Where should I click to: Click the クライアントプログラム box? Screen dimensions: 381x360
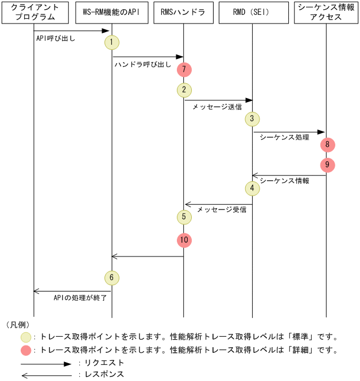pos(34,13)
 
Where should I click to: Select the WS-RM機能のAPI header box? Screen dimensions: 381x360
pos(111,13)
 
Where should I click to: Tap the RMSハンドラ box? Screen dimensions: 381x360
pos(184,13)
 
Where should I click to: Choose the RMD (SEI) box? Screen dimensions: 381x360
pos(252,13)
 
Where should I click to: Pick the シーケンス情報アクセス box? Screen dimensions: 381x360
pos(326,13)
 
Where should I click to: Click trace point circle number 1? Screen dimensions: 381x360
pos(111,42)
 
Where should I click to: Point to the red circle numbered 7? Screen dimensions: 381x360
pos(184,69)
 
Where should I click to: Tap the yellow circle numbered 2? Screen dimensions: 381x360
pos(184,90)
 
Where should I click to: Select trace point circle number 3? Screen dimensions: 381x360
pos(252,118)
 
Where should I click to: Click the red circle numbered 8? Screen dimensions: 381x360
pos(327,145)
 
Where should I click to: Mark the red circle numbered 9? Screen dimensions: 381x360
pos(327,165)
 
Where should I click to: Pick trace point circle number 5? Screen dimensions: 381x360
pos(184,216)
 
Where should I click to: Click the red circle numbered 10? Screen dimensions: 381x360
pos(184,239)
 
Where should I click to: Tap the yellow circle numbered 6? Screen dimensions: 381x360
pos(112,278)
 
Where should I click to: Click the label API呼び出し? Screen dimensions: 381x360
pos(56,40)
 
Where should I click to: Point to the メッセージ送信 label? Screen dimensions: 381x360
pos(216,107)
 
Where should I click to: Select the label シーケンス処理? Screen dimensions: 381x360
pos(284,138)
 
